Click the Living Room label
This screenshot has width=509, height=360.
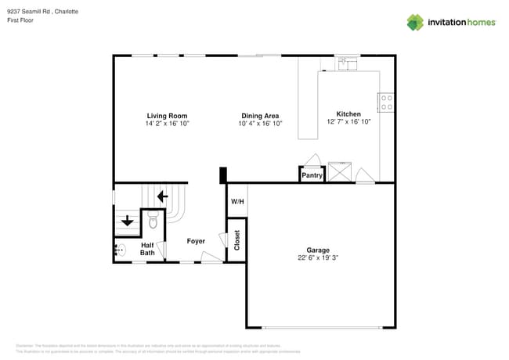[167, 115]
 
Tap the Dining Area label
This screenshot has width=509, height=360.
[260, 115]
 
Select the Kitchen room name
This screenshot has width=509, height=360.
[348, 113]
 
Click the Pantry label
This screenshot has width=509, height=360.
[312, 176]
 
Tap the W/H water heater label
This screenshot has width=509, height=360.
[237, 202]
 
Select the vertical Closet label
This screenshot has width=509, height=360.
[237, 241]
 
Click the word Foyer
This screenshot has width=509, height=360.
[196, 241]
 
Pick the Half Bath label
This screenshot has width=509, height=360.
[147, 248]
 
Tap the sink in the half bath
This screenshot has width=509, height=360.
[119, 250]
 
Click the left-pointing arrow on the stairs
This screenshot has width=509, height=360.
[163, 196]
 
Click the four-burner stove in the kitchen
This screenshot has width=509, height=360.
[386, 102]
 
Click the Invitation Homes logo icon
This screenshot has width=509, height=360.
[415, 22]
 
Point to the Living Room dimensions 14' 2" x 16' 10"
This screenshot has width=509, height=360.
[167, 124]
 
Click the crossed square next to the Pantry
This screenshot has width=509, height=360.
[340, 171]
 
